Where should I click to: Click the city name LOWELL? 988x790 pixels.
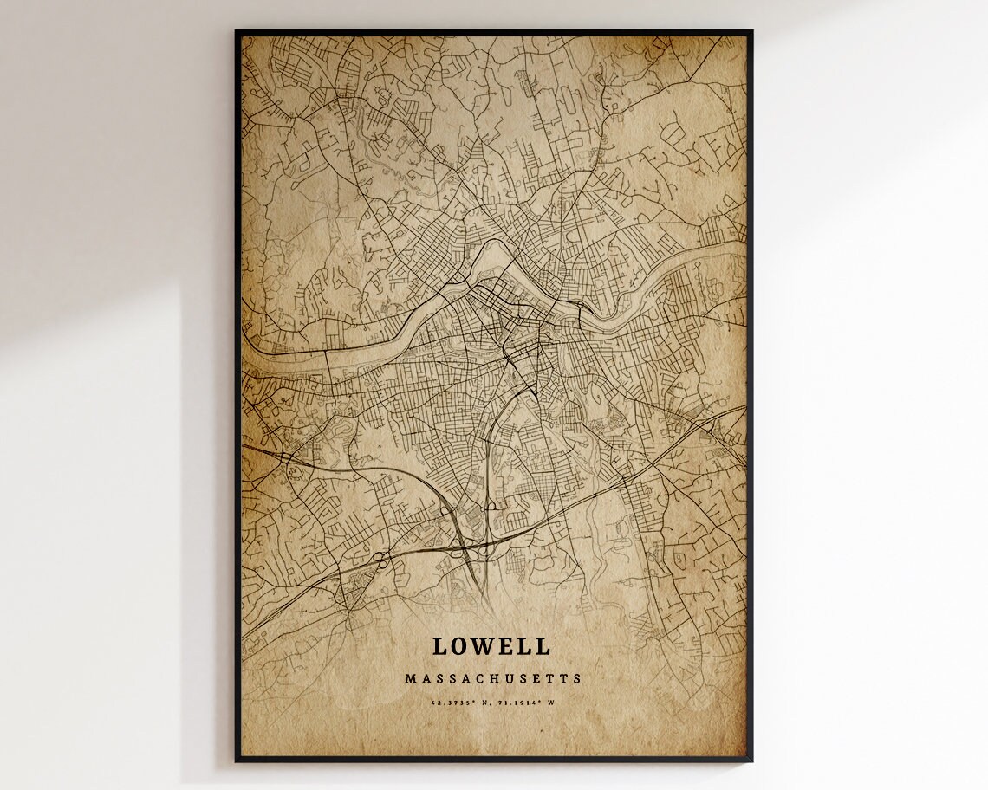(x=491, y=646)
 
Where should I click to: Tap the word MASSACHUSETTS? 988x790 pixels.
(x=493, y=679)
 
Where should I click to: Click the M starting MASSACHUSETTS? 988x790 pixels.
(x=409, y=679)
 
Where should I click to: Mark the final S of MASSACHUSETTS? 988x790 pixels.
(x=578, y=679)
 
